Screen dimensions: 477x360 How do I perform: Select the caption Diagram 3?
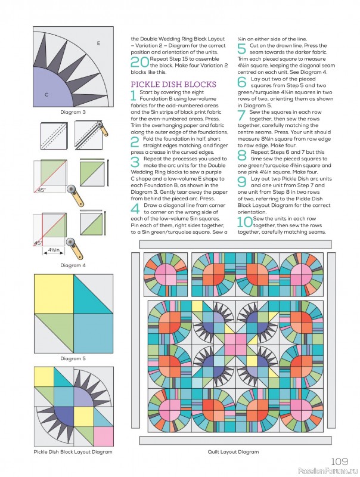(73, 111)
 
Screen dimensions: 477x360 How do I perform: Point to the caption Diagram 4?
(73, 265)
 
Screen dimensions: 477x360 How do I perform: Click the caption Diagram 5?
(73, 358)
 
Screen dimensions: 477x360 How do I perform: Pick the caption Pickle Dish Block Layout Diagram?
(73, 452)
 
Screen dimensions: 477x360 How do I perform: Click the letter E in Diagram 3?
(98, 44)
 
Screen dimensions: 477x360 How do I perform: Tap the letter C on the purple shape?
(46, 94)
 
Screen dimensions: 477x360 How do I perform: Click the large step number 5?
(241, 49)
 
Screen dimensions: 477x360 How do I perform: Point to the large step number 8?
(241, 156)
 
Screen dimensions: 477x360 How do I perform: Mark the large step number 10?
(244, 223)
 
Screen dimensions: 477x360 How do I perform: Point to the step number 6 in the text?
(241, 82)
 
